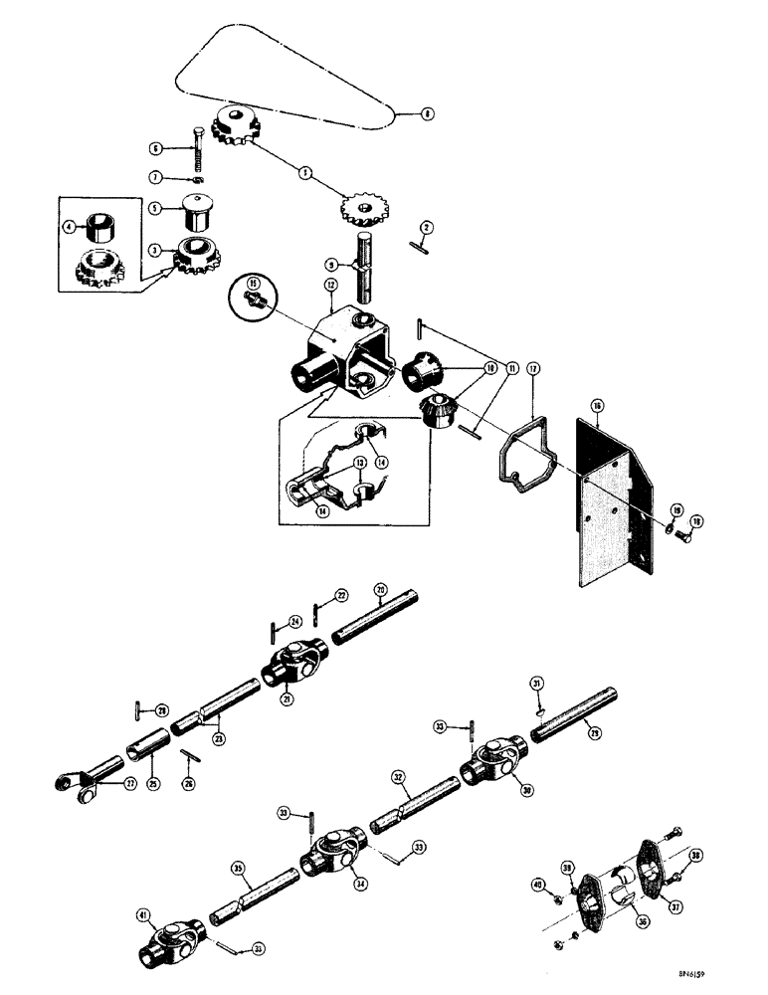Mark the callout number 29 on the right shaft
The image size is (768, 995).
(624, 733)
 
